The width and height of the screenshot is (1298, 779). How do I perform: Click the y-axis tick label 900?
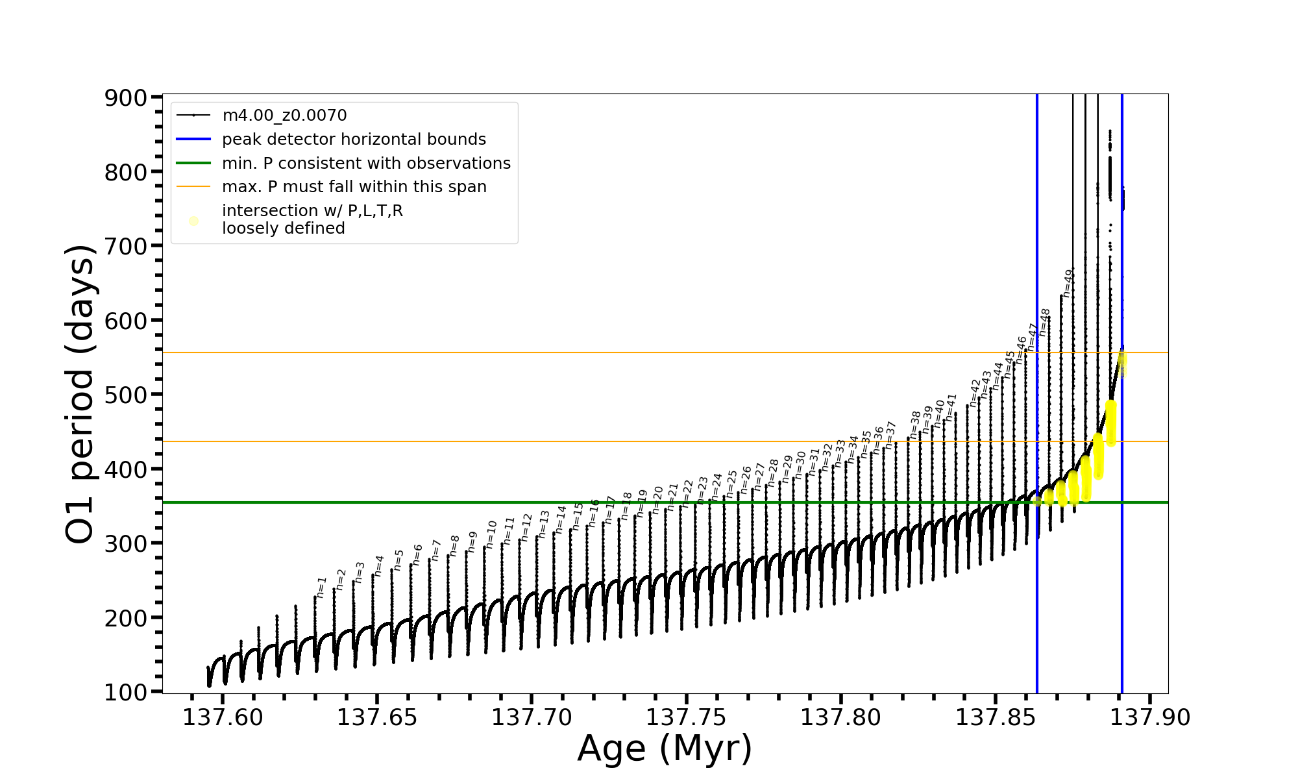[127, 98]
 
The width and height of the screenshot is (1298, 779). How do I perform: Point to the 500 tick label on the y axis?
[127, 395]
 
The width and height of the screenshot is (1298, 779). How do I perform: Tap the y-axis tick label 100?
[127, 693]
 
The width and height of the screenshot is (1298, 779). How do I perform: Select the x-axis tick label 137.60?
[223, 718]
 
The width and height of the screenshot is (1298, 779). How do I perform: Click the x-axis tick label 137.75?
[686, 718]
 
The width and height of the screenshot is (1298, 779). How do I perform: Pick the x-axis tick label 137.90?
[1150, 718]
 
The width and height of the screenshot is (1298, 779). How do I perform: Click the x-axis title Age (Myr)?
[665, 748]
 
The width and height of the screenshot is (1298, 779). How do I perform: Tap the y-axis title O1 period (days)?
[80, 394]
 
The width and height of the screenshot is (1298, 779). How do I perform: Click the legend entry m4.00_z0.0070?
[284, 116]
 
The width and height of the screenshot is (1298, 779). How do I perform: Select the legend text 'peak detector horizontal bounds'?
[354, 140]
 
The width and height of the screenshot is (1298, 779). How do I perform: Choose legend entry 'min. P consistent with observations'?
[366, 164]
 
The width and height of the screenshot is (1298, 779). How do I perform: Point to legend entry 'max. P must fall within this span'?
[354, 187]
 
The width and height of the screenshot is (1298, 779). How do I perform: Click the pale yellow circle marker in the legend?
[193, 221]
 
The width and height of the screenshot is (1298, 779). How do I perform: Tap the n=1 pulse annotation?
[321, 587]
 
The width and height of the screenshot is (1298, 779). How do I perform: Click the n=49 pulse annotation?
[1068, 283]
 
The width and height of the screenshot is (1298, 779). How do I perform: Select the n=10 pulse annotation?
[491, 534]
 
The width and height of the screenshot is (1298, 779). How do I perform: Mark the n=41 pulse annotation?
[951, 408]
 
